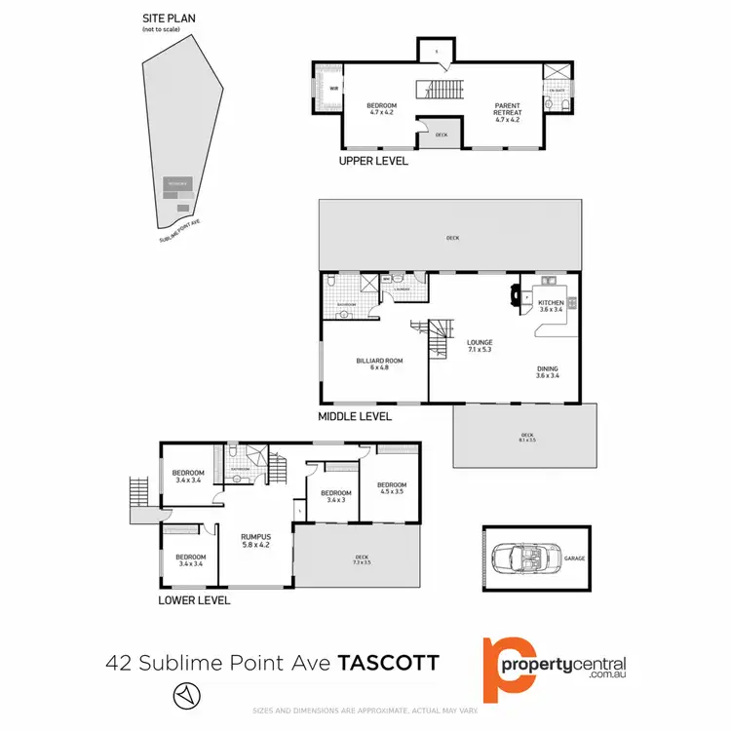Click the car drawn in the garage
coord(520,558)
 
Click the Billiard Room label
coord(378,365)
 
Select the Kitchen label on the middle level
coord(552,306)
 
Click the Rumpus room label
coord(256,541)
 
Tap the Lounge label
coord(479,346)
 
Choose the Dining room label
coord(547,371)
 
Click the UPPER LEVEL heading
coord(372,161)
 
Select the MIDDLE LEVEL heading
coord(355,416)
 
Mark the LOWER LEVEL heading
coord(194,600)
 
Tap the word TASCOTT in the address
coord(388,664)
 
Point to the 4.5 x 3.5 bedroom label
coord(391,488)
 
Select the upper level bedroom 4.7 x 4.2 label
coord(380,109)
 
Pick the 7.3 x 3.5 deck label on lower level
coord(362,560)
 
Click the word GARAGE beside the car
coord(574,558)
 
